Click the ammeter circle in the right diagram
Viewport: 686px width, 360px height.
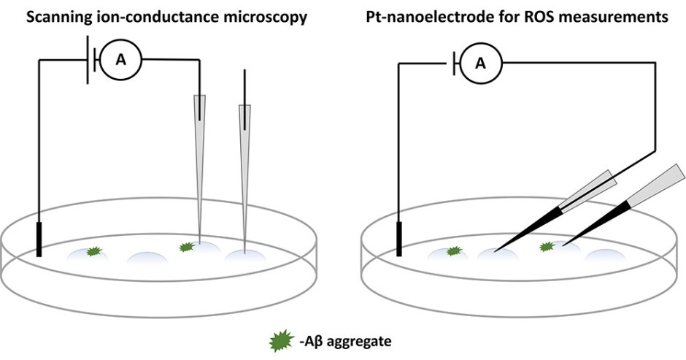click(x=479, y=63)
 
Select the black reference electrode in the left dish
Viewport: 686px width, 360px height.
click(x=38, y=240)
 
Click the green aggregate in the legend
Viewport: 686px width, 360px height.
click(x=280, y=340)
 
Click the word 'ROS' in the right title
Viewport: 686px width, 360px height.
click(x=542, y=16)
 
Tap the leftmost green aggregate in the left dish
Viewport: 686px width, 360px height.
click(x=93, y=252)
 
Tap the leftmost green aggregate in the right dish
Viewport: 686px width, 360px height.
click(x=454, y=251)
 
